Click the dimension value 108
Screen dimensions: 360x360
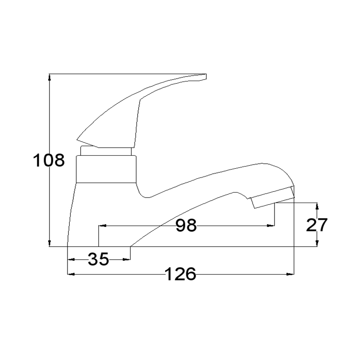point(49,160)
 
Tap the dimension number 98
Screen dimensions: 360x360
point(186,225)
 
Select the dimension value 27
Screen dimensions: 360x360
point(317,225)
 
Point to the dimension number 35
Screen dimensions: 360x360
point(98,259)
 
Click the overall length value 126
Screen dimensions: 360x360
point(181,274)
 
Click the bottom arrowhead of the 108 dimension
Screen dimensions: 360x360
point(49,243)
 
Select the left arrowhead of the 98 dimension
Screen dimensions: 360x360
point(102,226)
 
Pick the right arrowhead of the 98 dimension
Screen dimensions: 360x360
point(271,226)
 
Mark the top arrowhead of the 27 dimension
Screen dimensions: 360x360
point(317,206)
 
